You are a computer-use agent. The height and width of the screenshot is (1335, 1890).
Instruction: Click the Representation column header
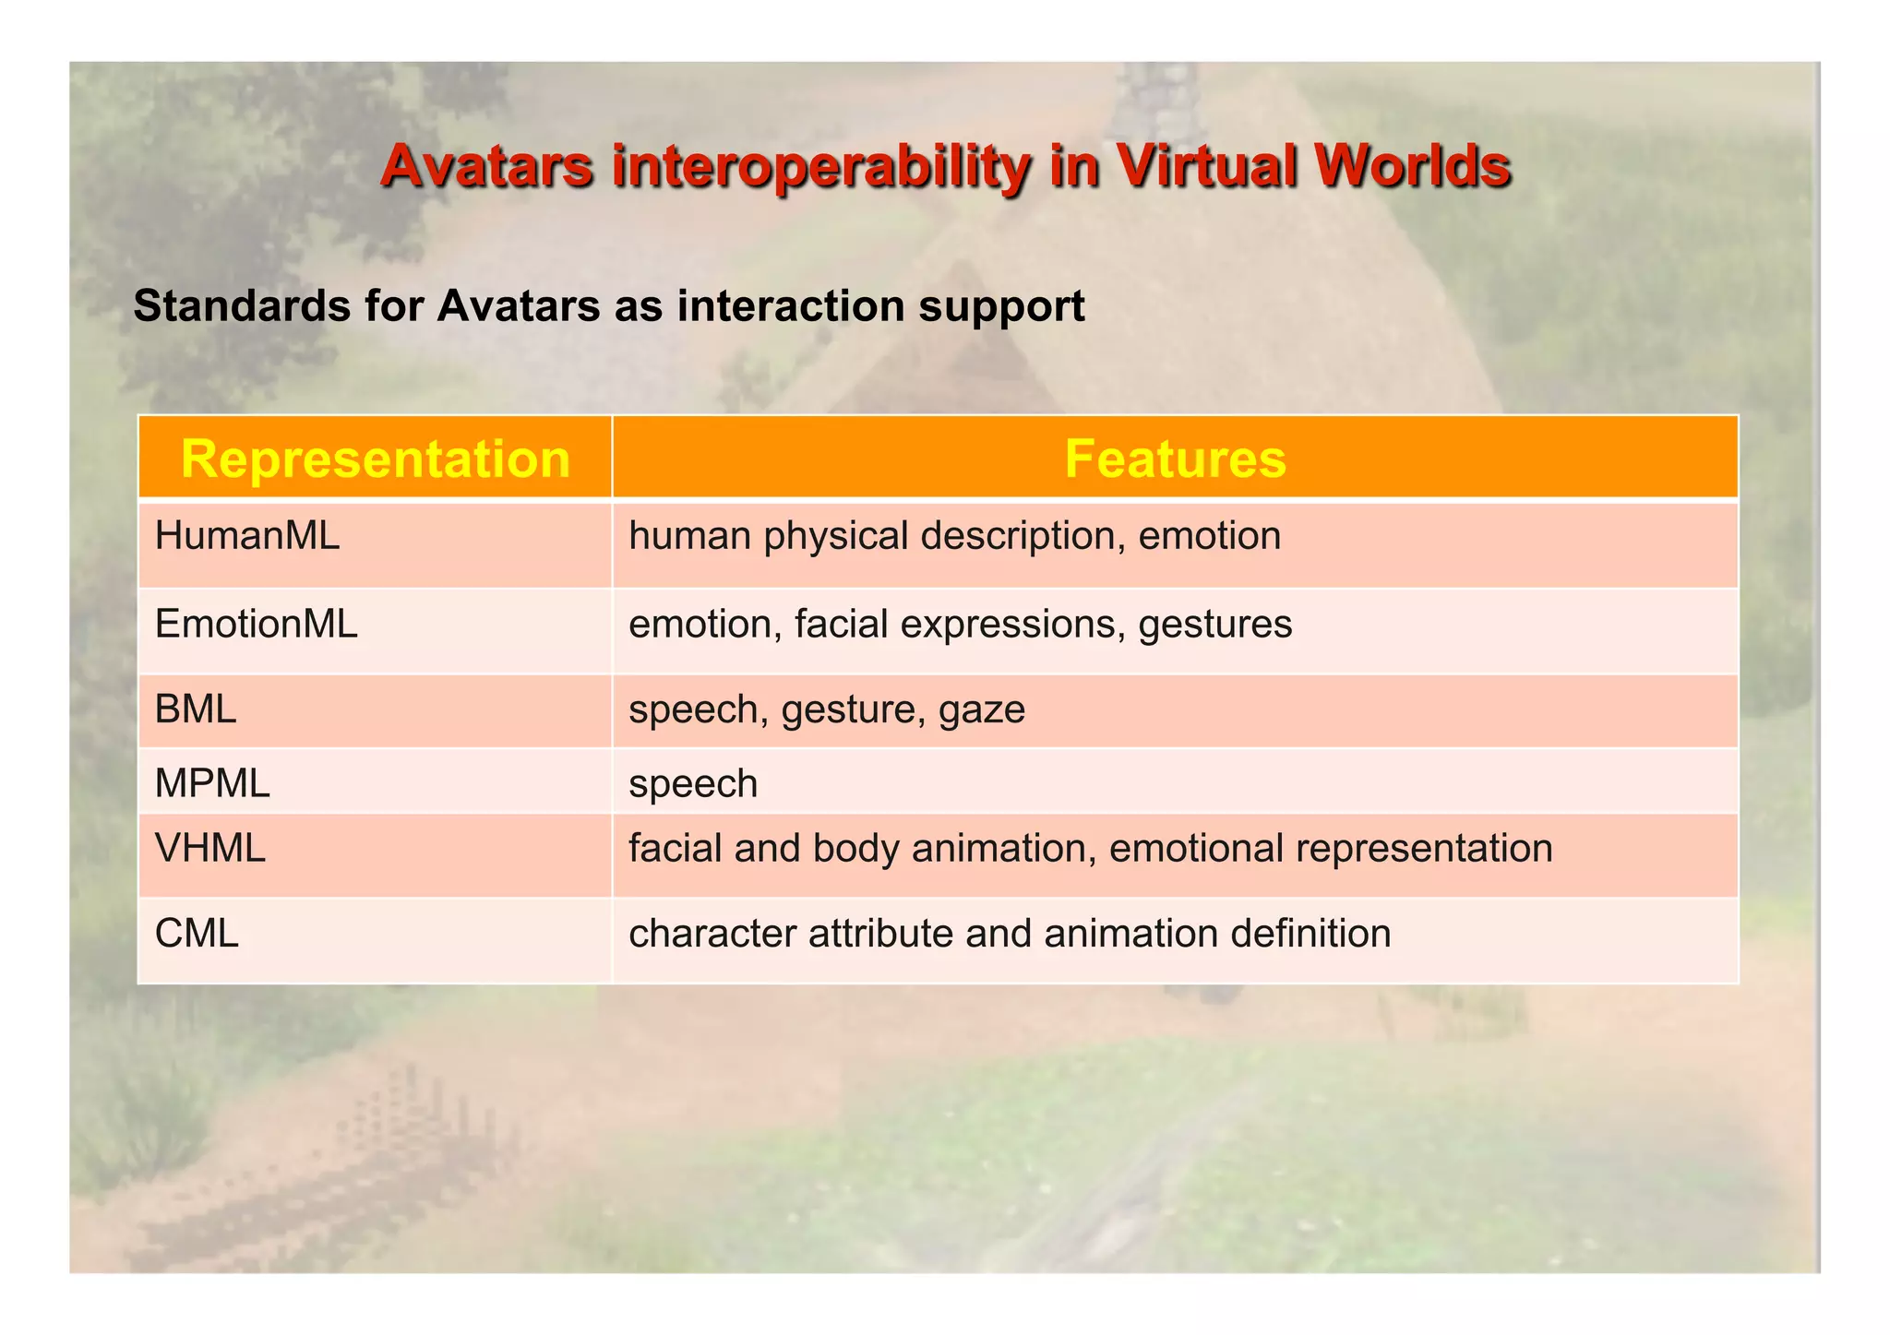(376, 459)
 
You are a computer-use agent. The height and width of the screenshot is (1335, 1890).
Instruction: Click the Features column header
(1174, 459)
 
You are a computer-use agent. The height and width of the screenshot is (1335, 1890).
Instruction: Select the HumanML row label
(247, 536)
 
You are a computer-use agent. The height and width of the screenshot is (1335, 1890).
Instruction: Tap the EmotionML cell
(256, 625)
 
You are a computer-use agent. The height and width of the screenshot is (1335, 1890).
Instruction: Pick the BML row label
(196, 709)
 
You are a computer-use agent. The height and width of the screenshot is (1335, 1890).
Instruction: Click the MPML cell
(212, 784)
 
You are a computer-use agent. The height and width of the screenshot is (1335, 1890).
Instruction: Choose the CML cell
(197, 934)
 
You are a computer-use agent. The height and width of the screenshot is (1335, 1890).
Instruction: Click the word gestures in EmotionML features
(1214, 626)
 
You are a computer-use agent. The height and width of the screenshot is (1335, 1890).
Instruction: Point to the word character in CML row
(712, 934)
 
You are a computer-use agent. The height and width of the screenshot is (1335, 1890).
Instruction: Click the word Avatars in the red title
(486, 166)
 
